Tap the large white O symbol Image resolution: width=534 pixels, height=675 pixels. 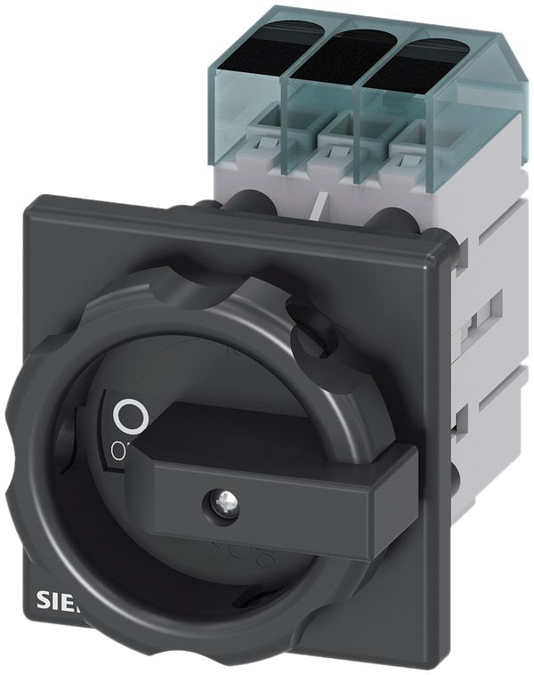click(130, 416)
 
